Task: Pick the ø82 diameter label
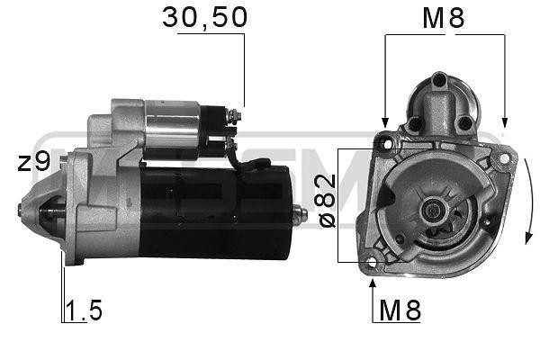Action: (x=327, y=201)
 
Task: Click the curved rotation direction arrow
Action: (x=529, y=202)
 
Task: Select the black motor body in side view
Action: (x=216, y=207)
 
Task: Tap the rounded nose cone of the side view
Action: (x=40, y=211)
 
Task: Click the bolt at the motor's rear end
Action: (x=301, y=214)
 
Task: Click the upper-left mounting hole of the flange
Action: (x=387, y=141)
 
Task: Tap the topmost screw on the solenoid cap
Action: (x=440, y=80)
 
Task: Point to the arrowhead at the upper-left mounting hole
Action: (x=385, y=124)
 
